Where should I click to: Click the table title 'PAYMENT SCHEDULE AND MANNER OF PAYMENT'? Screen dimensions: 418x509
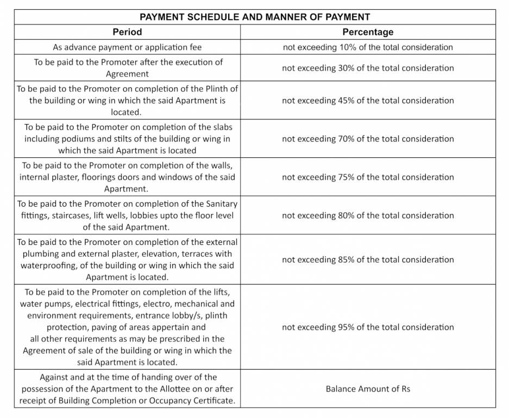click(255, 17)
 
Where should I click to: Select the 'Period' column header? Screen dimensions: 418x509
click(127, 32)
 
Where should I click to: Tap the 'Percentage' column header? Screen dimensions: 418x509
click(368, 32)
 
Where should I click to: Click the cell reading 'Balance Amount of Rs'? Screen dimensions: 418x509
click(368, 389)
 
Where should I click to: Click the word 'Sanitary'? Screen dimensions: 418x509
click(221, 204)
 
